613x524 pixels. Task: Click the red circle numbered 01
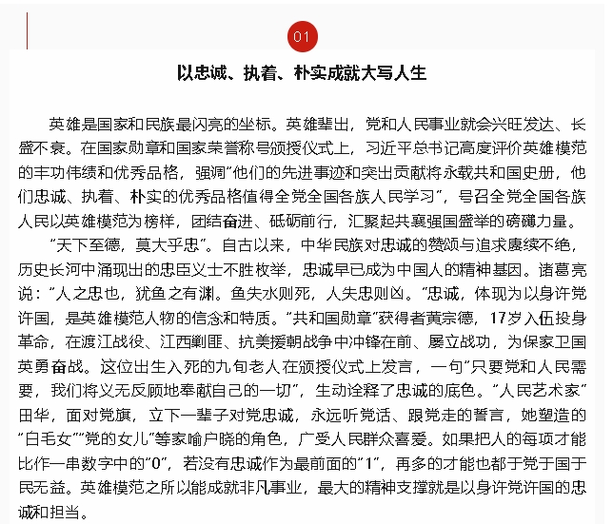click(303, 37)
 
